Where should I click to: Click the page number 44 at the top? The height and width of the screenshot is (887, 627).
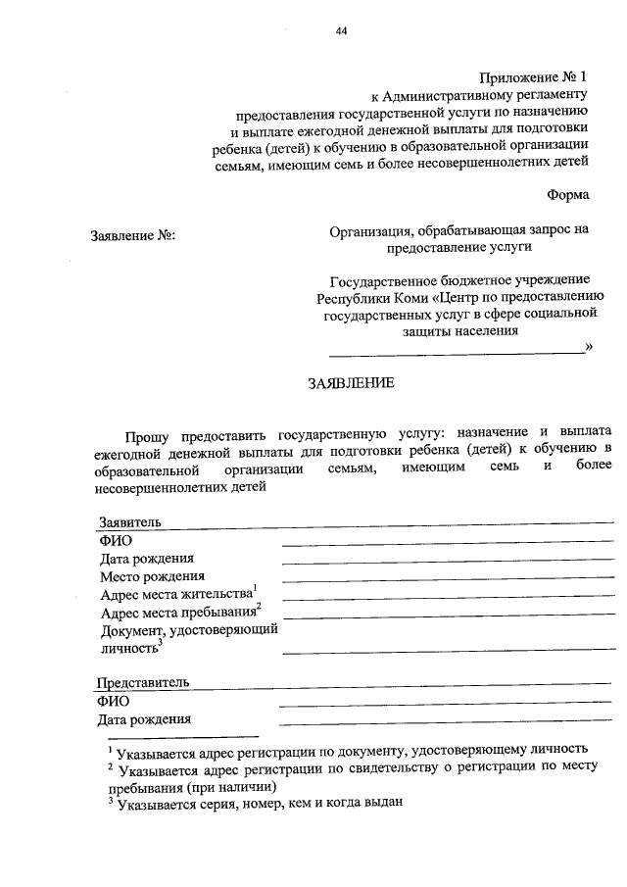tap(341, 30)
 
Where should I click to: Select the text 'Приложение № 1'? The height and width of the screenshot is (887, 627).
tap(536, 76)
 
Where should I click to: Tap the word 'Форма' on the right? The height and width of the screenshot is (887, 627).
tap(568, 194)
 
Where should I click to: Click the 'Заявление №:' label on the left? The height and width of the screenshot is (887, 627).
tap(132, 236)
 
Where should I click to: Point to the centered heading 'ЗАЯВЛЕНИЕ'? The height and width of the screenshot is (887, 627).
tap(353, 383)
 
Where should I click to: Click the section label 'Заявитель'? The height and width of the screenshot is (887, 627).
tap(129, 521)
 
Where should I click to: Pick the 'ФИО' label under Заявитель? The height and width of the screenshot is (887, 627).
tap(116, 540)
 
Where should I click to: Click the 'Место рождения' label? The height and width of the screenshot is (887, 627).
tap(152, 576)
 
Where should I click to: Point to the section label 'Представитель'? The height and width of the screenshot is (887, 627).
tap(143, 682)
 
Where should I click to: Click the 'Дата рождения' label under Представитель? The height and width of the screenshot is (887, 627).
tap(144, 719)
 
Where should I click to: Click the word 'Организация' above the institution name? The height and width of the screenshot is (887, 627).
tap(369, 230)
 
